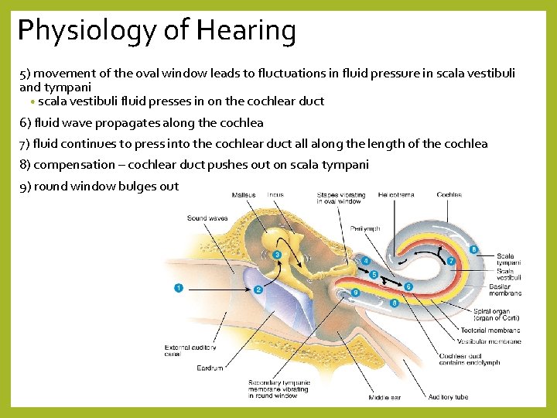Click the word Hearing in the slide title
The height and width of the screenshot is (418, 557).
click(x=246, y=32)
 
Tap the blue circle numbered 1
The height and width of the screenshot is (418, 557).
click(x=179, y=289)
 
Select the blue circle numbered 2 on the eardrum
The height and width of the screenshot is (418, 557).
click(x=258, y=290)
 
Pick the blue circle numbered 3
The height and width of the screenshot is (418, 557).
click(x=276, y=255)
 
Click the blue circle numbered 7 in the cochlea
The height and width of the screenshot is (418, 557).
click(x=451, y=261)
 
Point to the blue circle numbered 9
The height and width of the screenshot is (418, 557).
click(x=355, y=293)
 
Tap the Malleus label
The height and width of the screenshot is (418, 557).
click(x=244, y=194)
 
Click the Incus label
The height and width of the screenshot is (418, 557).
click(x=275, y=194)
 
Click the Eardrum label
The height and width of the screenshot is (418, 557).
click(x=210, y=368)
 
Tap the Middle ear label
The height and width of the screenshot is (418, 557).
click(x=384, y=397)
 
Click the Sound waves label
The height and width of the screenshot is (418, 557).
click(x=207, y=218)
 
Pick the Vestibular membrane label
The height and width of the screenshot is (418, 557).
click(x=489, y=341)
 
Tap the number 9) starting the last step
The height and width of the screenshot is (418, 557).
click(x=26, y=186)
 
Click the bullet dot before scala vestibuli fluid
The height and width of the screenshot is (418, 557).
click(x=32, y=102)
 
